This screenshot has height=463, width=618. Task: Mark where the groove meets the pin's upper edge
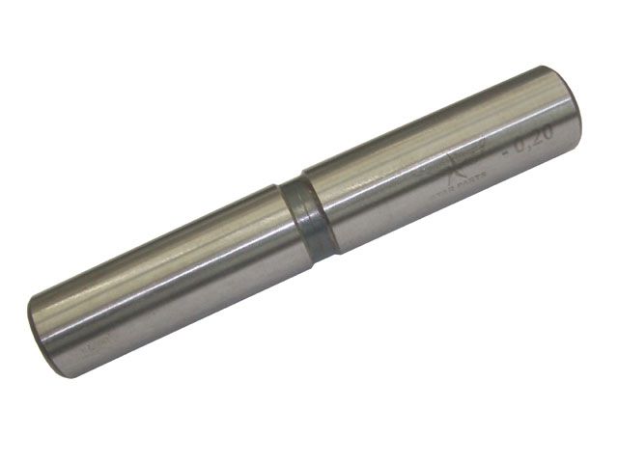pos(292,183)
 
